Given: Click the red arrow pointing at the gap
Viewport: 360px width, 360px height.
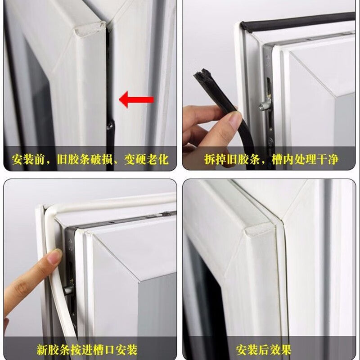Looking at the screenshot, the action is point(136,99).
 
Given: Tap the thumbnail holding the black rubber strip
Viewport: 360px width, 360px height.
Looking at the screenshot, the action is point(234,120).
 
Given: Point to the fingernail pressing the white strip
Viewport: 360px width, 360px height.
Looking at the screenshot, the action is point(54,256).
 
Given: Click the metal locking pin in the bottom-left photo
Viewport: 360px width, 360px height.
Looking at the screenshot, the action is point(68,290).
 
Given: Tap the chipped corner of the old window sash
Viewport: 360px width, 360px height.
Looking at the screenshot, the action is point(90,29).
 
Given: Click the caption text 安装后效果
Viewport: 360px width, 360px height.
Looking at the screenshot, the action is point(263,350).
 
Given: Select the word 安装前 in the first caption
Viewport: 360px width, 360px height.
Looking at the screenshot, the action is point(28,159).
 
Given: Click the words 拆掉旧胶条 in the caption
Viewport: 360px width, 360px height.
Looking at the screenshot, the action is point(232,159).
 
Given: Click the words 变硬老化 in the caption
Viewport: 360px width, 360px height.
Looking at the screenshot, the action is point(147,159).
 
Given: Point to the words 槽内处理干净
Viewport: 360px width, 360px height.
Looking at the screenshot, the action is point(305,159).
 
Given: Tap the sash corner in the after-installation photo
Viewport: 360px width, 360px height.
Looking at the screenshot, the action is point(260,229).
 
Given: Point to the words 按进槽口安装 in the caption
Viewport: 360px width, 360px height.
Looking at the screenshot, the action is point(104,350).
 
